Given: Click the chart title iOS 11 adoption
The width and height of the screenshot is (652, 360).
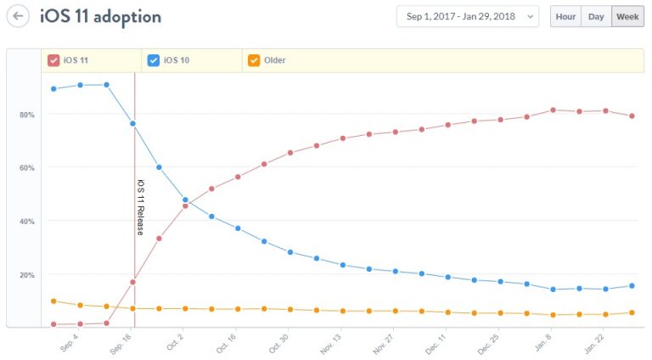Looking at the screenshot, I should coord(100,16).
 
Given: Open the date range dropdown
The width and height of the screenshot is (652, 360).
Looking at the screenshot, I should coord(467,16).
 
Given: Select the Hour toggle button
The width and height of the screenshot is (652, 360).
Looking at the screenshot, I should coord(565,16).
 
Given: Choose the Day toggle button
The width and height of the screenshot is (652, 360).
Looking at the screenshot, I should coord(596,16).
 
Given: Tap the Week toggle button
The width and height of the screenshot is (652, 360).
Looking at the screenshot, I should coord(627,16).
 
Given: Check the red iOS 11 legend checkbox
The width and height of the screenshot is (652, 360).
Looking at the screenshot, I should coord(53,60).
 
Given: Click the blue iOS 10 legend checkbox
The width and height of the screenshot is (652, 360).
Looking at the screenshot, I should coord(154,60).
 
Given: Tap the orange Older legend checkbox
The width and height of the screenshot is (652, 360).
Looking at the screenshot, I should coord(254,60).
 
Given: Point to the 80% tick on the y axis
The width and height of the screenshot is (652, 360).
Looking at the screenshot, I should coord(27,115).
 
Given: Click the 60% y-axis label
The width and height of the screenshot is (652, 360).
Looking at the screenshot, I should coord(27,168).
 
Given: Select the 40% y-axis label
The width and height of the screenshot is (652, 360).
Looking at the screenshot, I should coord(27,222).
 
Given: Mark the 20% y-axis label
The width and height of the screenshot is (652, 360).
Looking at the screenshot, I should coord(27,275).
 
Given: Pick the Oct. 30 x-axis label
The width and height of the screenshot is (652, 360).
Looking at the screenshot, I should coord(279,344).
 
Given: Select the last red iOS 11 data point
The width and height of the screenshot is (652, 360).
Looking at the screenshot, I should coord(632,116).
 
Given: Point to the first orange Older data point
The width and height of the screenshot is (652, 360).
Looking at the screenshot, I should coord(53,301).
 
